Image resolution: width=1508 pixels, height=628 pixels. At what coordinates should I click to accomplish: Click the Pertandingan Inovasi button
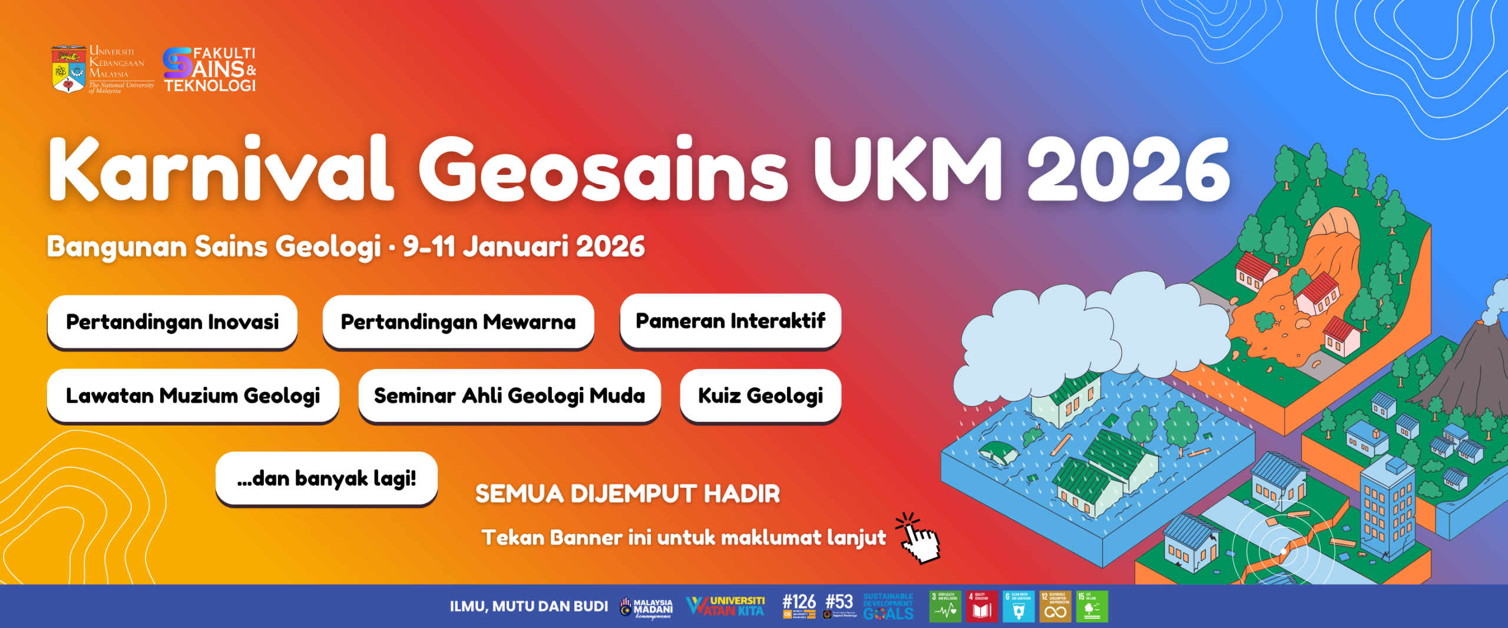[x=172, y=322]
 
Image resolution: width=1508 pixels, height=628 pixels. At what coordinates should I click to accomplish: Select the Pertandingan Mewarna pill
[x=458, y=322]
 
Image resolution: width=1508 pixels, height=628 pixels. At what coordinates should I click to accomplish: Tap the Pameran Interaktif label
[x=730, y=321]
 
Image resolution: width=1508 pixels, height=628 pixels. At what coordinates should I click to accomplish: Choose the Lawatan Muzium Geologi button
[x=193, y=396]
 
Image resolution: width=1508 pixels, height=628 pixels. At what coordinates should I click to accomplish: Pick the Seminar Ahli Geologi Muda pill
[x=509, y=396]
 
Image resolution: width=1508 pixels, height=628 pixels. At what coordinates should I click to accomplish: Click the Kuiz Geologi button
[x=760, y=396]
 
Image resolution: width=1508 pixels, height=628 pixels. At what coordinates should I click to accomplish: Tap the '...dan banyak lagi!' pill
[x=326, y=479]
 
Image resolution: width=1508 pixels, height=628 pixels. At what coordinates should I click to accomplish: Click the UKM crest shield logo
[x=69, y=70]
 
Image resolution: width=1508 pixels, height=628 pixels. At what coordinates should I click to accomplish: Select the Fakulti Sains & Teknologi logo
[x=209, y=70]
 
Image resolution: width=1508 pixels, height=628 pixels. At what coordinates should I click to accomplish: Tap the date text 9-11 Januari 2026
[x=524, y=246]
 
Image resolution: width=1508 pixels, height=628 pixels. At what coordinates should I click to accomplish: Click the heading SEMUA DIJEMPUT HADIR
[x=627, y=494]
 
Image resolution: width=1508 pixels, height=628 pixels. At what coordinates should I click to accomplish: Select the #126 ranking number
[x=799, y=602]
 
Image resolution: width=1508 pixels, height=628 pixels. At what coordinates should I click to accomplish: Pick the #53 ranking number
[x=839, y=602]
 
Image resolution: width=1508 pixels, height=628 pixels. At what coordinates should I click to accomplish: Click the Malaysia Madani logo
[x=647, y=607]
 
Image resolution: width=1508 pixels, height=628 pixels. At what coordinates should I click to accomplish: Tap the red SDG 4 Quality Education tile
[x=982, y=607]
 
